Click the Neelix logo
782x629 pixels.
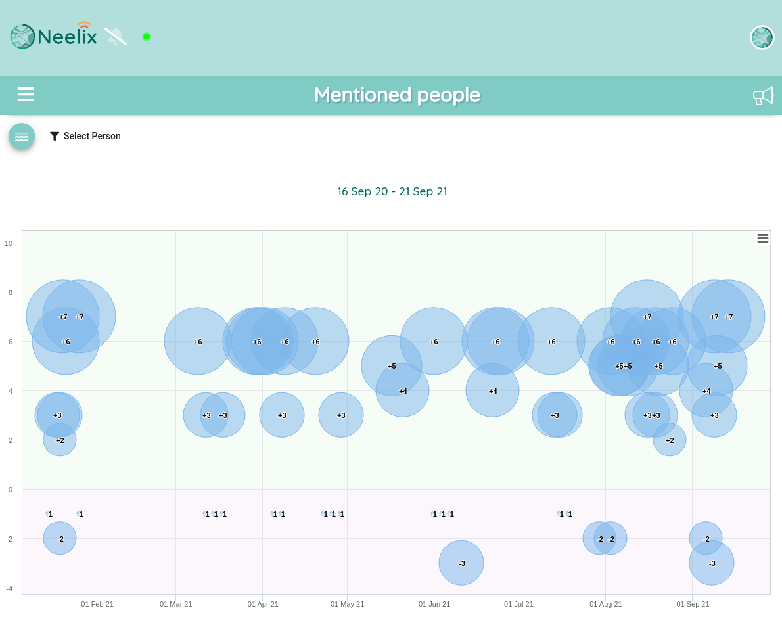54,36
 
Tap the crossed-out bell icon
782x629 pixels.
115,36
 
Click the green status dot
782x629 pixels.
146,36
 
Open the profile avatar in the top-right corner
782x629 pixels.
762,37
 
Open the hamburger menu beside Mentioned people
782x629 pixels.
26,94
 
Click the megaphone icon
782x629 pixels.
763,95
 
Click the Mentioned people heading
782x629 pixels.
397,95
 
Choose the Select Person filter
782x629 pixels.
85,136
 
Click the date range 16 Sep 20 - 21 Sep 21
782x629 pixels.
392,191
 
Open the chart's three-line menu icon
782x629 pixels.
762,238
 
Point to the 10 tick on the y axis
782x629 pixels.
9,243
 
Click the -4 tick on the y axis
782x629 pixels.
9,589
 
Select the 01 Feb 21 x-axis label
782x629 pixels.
97,604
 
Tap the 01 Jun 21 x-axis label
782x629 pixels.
434,604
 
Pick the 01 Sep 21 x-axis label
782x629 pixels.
693,604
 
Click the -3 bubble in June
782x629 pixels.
461,563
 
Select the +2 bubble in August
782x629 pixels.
670,440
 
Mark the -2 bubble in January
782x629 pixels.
60,538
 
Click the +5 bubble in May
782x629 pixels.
392,365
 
